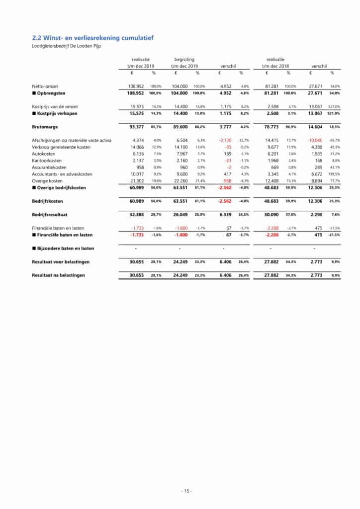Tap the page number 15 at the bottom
(x=186, y=491)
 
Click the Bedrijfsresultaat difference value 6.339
(x=226, y=214)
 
